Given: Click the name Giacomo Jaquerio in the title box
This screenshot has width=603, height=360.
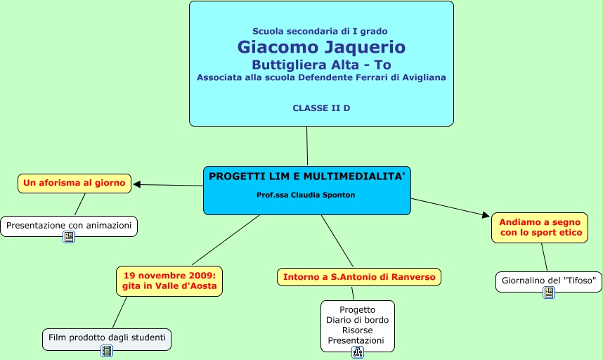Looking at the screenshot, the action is point(321,47).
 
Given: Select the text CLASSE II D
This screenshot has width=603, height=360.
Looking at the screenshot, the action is point(321,108).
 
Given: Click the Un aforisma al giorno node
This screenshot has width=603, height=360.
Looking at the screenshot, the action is point(74,183).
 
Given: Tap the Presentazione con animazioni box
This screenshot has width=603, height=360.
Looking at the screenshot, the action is point(69,226).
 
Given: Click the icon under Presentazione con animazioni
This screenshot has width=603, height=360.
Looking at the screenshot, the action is point(69,237).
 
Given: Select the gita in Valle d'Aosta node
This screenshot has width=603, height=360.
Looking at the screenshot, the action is point(169,281).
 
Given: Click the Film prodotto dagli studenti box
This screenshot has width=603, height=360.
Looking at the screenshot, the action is point(107,339).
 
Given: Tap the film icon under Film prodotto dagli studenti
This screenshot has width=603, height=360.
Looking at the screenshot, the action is point(107,350).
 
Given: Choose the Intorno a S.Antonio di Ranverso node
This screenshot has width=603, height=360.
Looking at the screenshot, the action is point(359,277).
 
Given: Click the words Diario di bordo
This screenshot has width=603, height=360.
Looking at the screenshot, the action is point(357,320).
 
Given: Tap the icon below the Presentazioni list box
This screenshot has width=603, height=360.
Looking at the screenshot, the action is point(358,352).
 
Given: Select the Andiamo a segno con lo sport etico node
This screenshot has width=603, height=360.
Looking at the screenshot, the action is point(540,228).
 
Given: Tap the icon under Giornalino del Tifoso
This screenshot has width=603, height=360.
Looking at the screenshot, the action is point(549,292).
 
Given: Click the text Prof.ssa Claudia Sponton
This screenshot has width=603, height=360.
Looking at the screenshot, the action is point(306,195).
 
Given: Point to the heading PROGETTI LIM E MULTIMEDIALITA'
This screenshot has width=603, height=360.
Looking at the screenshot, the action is point(307,176).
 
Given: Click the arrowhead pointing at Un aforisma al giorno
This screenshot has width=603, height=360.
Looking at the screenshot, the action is point(136,185).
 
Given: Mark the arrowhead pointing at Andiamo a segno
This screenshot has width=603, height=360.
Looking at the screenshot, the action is point(486,214).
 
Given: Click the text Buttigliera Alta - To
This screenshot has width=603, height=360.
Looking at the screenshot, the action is point(321,65).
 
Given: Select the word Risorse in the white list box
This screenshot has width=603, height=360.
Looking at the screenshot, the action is point(357,330).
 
